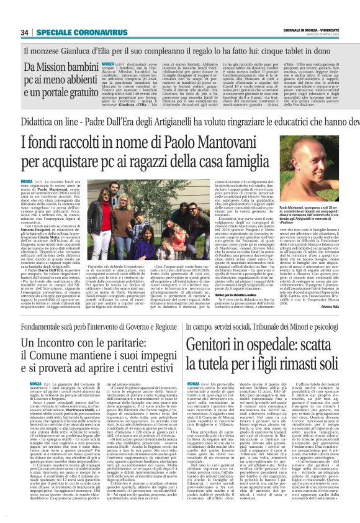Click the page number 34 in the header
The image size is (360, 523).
[24, 32]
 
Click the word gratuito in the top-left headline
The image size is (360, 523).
[79, 94]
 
